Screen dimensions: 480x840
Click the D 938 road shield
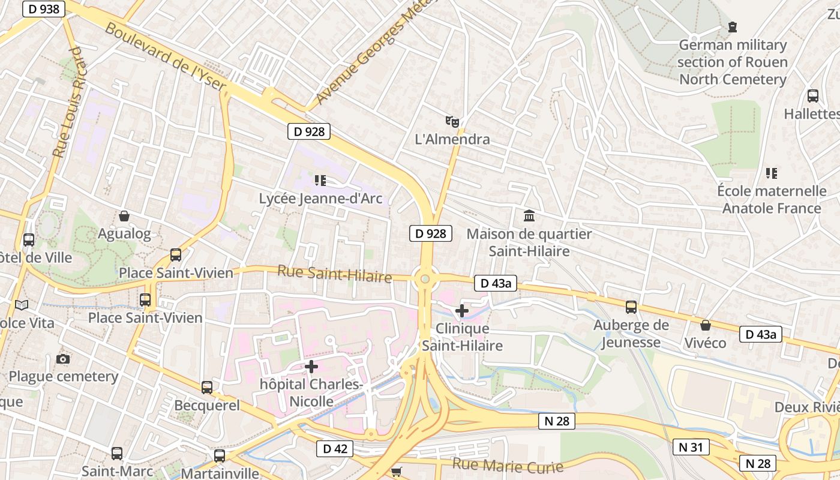click(43, 8)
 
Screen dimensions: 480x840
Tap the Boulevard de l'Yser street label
click(166, 58)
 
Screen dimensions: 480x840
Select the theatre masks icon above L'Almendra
click(452, 122)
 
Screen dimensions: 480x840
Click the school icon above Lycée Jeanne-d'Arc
click(320, 180)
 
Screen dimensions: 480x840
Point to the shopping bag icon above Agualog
click(124, 216)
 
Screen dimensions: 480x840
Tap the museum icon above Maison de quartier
click(529, 215)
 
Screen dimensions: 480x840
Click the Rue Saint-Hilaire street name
click(334, 274)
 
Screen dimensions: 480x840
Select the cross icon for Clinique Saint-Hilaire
click(461, 311)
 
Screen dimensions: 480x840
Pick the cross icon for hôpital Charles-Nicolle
click(311, 366)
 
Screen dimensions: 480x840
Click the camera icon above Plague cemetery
click(63, 359)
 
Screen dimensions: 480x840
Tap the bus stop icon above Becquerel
click(207, 388)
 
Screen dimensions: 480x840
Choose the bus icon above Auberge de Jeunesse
click(631, 307)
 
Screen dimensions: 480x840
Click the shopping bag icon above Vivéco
click(706, 325)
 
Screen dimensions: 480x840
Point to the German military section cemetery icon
click(732, 27)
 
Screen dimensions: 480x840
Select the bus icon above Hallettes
click(813, 95)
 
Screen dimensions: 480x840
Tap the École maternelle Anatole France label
click(772, 200)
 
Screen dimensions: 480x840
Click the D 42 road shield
click(334, 448)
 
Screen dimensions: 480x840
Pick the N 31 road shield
click(691, 447)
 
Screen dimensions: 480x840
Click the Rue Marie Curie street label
click(508, 466)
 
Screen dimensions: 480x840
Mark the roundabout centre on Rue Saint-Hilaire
click(425, 278)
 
